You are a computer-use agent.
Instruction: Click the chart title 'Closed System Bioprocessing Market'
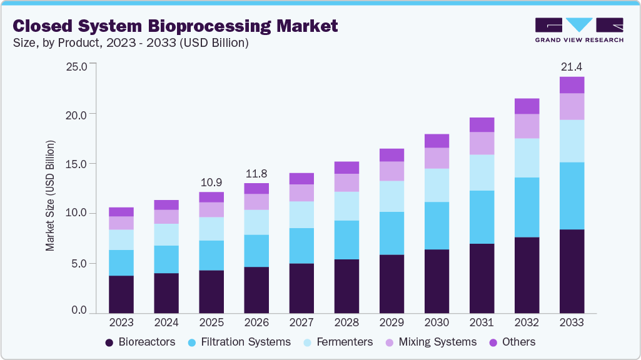[x=175, y=26]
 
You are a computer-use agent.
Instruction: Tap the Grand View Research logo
[x=578, y=29]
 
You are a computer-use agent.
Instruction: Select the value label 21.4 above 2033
[x=572, y=66]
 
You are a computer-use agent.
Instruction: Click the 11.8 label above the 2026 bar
[x=256, y=173]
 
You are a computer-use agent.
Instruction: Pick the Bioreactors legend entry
[x=140, y=342]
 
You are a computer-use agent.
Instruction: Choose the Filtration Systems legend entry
[x=238, y=342]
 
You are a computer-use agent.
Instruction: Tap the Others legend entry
[x=511, y=342]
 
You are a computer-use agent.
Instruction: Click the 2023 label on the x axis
[x=121, y=322]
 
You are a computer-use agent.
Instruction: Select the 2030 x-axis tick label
[x=437, y=322]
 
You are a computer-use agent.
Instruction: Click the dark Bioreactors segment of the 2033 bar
[x=572, y=271]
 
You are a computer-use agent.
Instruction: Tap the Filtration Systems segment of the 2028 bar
[x=346, y=239]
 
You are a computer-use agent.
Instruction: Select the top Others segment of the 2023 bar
[x=121, y=212]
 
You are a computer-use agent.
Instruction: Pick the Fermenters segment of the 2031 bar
[x=482, y=172]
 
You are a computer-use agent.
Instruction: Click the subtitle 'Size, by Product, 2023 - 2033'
[x=131, y=43]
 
